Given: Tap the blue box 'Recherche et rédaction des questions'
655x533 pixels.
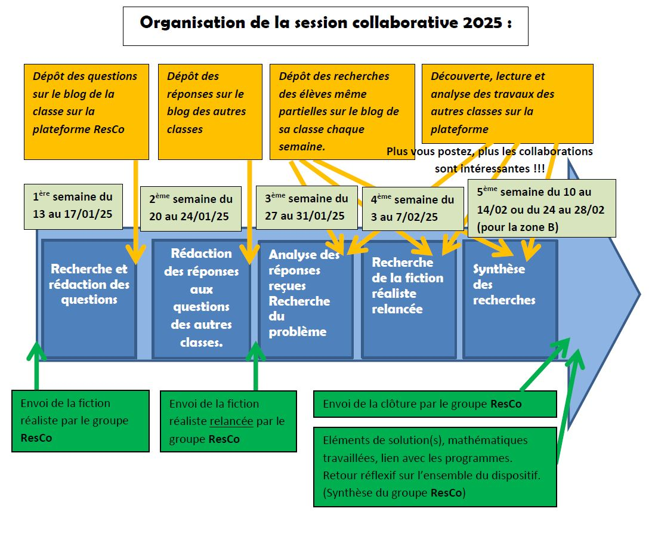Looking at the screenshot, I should [89, 298].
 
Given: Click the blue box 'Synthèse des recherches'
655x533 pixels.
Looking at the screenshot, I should [511, 298].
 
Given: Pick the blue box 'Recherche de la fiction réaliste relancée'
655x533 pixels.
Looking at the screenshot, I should [409, 298].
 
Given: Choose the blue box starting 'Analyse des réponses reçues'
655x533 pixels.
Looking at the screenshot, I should [305, 298].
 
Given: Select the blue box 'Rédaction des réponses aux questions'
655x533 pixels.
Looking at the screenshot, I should [201, 298].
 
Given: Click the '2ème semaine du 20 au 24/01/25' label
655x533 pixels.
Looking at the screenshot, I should [191, 208].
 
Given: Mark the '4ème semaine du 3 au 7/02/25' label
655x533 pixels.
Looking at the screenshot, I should [412, 208].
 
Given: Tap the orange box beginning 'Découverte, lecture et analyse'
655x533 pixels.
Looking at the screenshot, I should [507, 103].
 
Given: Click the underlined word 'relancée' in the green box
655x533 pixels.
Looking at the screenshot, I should [231, 421].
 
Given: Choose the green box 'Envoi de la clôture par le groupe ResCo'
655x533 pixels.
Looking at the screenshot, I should [434, 404].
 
